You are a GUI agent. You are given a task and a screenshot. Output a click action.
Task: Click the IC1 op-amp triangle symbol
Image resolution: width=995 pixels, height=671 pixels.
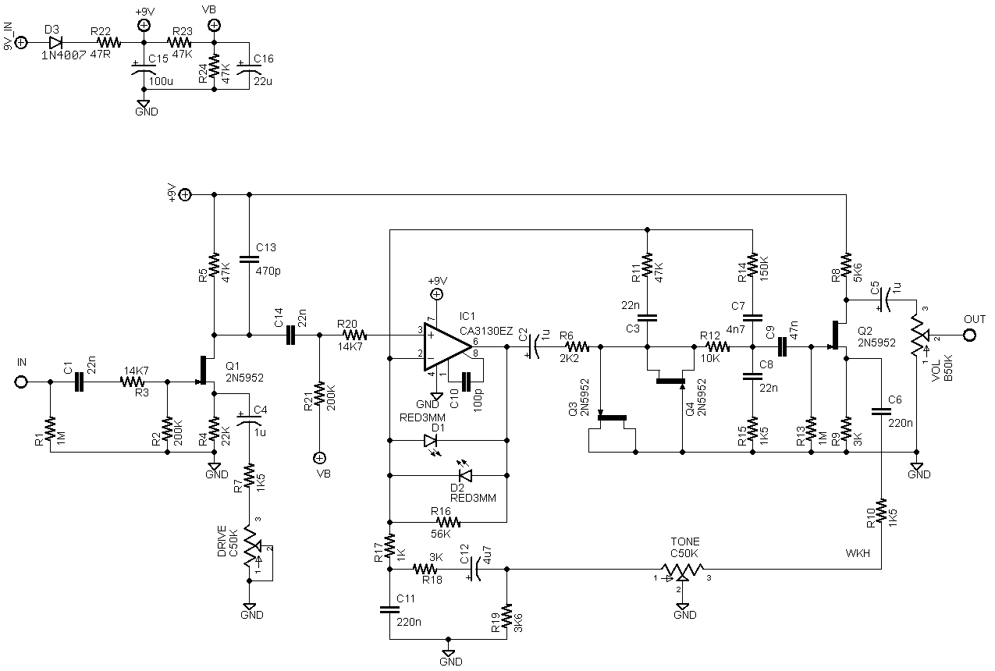(x=446, y=347)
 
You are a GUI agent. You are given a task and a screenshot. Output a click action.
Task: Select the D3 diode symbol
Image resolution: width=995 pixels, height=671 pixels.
(x=55, y=43)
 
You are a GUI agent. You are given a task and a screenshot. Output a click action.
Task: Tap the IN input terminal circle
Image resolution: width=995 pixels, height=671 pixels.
(x=21, y=382)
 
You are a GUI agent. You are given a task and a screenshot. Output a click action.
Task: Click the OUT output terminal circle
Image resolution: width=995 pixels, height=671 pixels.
(x=969, y=335)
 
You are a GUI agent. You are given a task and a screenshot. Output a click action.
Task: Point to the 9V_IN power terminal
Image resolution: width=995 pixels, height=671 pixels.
(x=21, y=43)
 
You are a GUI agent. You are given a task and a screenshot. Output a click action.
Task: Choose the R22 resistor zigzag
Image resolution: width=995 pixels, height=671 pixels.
(x=108, y=43)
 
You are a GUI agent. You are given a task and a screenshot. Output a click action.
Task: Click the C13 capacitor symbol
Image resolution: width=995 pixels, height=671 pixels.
(x=249, y=259)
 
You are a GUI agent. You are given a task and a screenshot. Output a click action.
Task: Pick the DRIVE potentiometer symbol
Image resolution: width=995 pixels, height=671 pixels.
(x=252, y=548)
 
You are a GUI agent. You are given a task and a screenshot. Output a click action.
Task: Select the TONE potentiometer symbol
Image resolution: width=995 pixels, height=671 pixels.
(x=682, y=570)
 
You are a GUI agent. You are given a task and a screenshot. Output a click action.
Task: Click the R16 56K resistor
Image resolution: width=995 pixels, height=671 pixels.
(x=448, y=522)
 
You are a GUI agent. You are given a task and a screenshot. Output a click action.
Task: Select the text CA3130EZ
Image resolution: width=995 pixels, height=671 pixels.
(x=486, y=331)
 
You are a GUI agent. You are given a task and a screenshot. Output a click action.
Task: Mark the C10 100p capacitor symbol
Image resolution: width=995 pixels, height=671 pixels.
(x=466, y=382)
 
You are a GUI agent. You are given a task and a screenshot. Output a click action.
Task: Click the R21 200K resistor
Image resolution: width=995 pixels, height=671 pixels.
(x=319, y=393)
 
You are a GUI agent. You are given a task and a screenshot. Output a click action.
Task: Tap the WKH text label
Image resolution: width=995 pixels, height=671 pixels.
(x=858, y=553)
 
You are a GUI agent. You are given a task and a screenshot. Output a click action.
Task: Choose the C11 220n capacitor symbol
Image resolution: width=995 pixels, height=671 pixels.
(x=389, y=609)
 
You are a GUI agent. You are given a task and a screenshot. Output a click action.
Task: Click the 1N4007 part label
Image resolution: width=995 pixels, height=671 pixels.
(x=63, y=55)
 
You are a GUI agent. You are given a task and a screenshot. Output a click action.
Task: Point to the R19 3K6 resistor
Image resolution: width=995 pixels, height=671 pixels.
(x=506, y=616)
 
